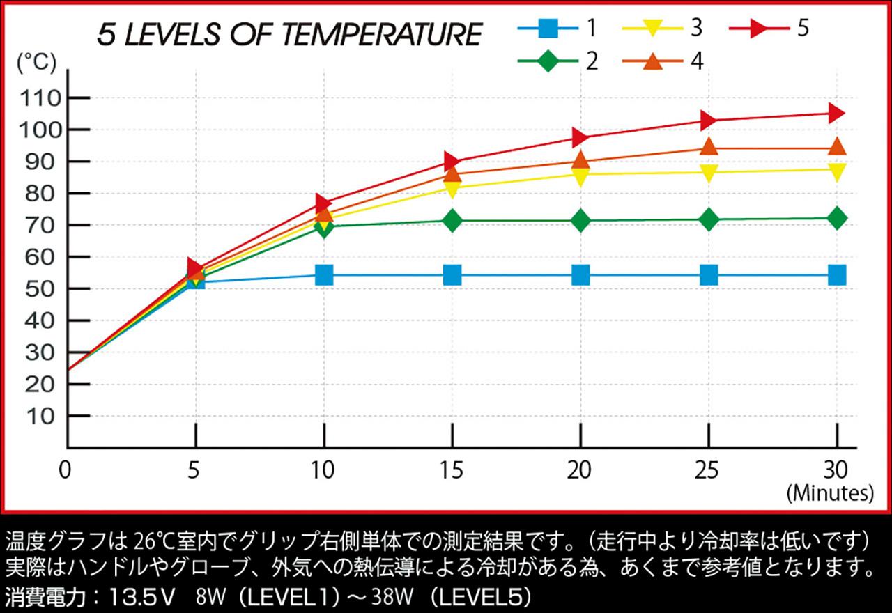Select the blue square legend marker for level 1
coord(548,29)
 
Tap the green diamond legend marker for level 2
coord(548,61)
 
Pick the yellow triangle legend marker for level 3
coord(653,29)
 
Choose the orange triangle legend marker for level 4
coord(653,61)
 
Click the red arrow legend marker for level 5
coord(758,29)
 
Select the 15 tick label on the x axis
coord(452,471)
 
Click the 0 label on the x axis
coord(65,471)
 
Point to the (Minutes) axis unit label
coord(829,494)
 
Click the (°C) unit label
coord(36,63)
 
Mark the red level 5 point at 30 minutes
coord(836,113)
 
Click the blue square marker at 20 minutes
coord(580,275)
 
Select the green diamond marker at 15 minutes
coord(452,221)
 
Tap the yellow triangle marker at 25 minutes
coord(709,172)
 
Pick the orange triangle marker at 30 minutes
coord(836,147)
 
